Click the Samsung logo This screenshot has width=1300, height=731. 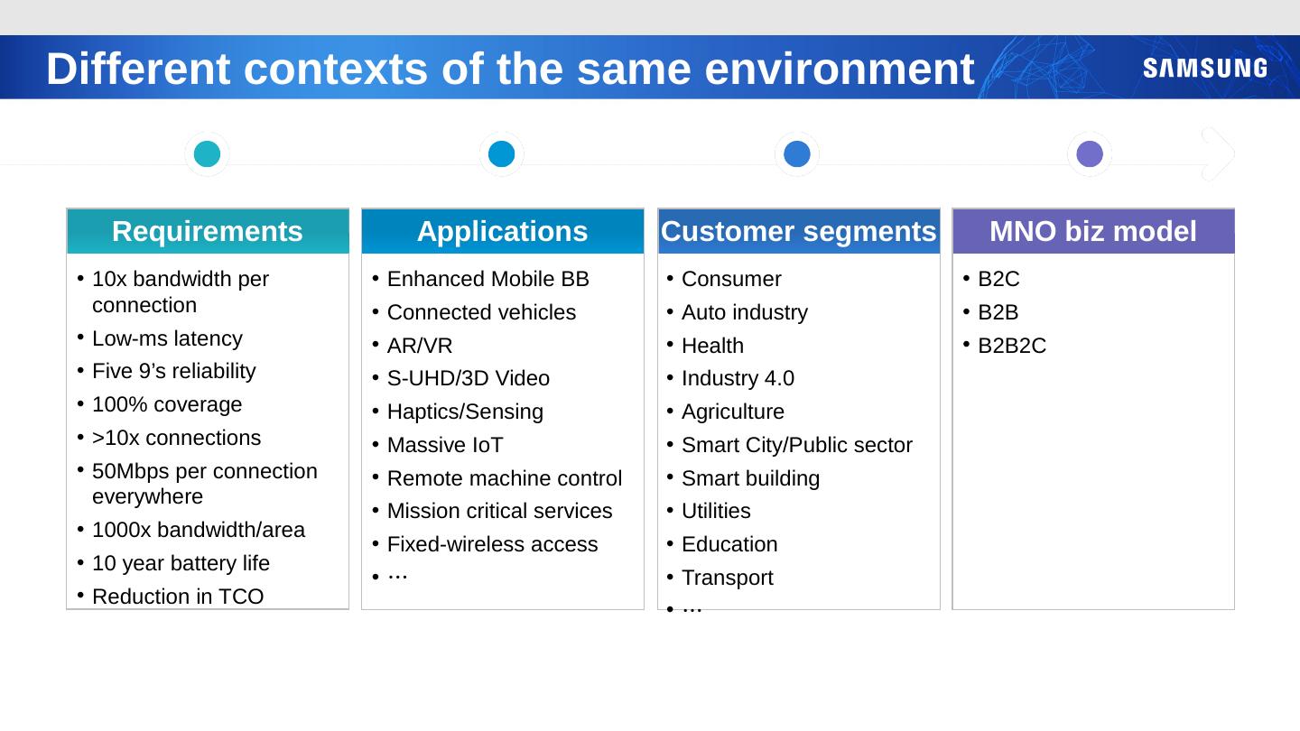[1204, 69]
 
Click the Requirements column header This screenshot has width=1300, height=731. [207, 232]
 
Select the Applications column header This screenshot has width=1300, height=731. [502, 232]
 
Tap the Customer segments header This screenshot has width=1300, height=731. [798, 232]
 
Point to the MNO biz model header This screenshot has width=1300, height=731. [1092, 232]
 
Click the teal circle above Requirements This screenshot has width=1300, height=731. [207, 154]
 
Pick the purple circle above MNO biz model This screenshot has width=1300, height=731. [1090, 154]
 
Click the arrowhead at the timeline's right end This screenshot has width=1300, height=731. [1220, 154]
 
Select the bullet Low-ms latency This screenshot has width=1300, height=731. [167, 338]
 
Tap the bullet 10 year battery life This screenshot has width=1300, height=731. [181, 563]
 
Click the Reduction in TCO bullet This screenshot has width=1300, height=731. [178, 597]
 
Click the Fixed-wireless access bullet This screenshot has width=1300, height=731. [492, 544]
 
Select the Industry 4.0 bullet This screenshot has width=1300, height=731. [738, 378]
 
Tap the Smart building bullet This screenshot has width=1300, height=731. [750, 478]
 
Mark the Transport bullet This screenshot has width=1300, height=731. [727, 578]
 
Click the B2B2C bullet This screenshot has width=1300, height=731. [1012, 346]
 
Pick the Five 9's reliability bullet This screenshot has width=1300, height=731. [173, 371]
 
